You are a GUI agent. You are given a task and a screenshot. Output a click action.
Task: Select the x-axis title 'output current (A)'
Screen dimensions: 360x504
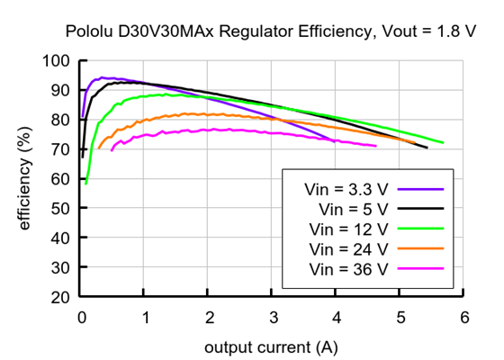point(272,346)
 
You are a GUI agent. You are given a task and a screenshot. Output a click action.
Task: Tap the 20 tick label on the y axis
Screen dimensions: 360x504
point(60,297)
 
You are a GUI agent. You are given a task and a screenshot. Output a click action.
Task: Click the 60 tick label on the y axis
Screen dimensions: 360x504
point(60,179)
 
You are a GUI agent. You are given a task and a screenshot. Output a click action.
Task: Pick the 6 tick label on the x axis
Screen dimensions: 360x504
point(464,317)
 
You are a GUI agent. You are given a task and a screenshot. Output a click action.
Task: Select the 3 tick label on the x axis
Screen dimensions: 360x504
point(273,317)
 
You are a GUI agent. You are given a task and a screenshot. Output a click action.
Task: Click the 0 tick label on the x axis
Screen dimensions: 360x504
point(82,317)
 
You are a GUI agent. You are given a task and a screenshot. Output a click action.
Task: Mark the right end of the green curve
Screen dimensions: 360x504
point(443,142)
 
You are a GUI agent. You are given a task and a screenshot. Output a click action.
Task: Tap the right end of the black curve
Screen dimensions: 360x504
point(427,148)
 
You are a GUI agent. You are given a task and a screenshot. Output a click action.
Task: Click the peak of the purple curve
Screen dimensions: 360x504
point(102,77)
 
